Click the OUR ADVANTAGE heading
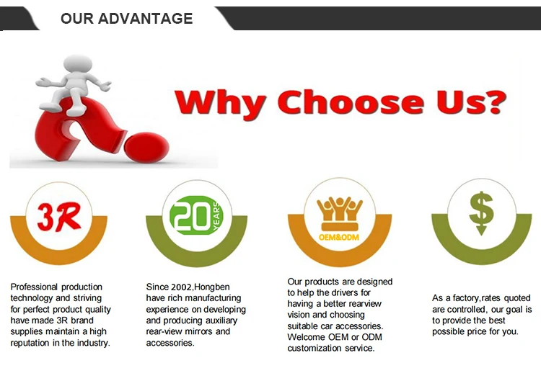click(127, 18)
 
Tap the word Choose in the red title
click(351, 102)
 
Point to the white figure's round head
click(78, 64)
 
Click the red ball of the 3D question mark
click(146, 147)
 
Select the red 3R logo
click(59, 216)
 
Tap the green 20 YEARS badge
click(196, 215)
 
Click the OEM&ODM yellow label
click(338, 238)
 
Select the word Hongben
click(212, 287)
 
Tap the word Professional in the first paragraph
click(34, 287)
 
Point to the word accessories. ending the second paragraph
click(170, 343)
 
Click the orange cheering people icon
click(340, 214)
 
